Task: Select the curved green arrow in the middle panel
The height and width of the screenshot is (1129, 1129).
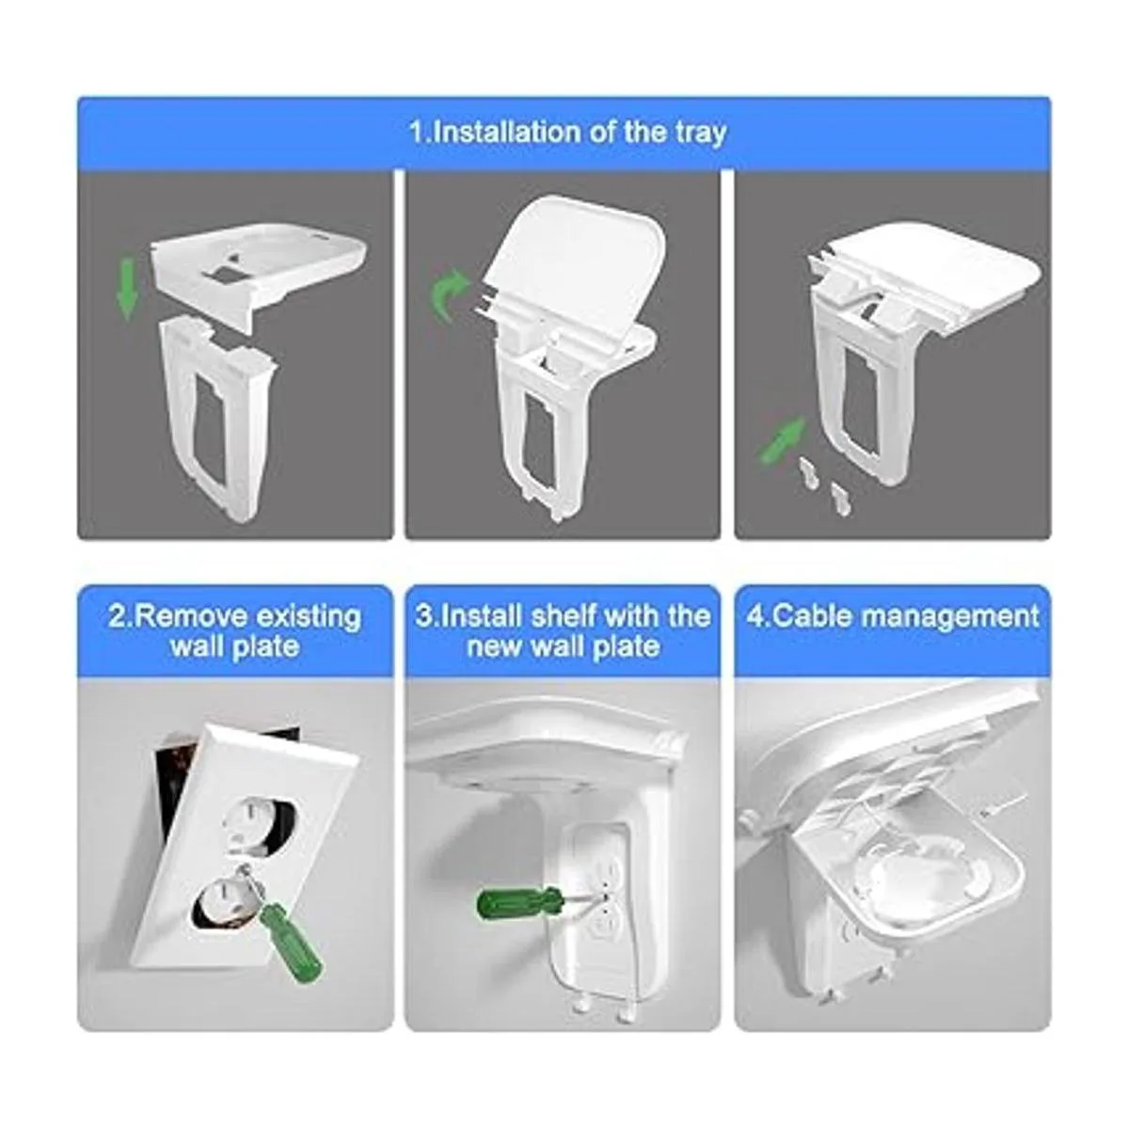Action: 448,295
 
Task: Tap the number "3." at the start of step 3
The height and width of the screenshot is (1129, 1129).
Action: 426,617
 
